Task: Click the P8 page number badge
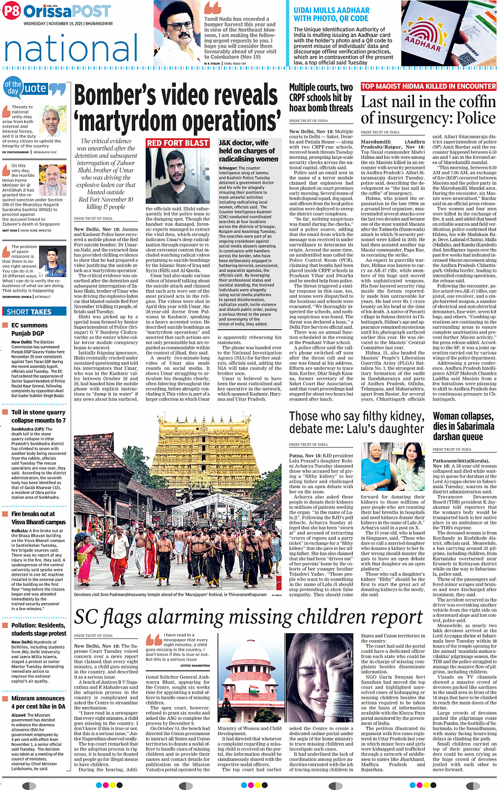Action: click(x=12, y=11)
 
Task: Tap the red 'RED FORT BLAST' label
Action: click(x=177, y=143)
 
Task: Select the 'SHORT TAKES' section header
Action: click(x=29, y=312)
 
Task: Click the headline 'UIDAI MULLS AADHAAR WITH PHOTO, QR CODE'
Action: click(x=332, y=14)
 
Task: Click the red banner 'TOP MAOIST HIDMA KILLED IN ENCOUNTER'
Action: click(x=428, y=87)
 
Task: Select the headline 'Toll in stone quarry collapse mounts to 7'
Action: click(x=38, y=416)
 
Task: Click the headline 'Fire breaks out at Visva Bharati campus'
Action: click(x=38, y=518)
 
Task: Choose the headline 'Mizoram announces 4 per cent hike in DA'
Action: click(x=38, y=702)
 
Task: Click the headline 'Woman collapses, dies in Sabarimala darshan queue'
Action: click(x=463, y=426)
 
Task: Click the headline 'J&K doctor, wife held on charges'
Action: click(x=248, y=150)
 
